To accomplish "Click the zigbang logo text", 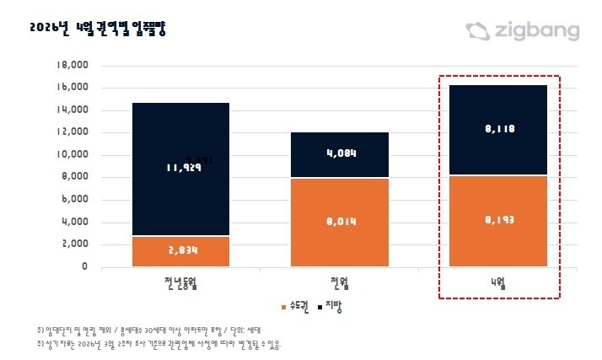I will pos(536,32).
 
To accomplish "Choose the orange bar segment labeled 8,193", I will pos(500,221).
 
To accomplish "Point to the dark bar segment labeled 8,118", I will pos(500,130).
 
